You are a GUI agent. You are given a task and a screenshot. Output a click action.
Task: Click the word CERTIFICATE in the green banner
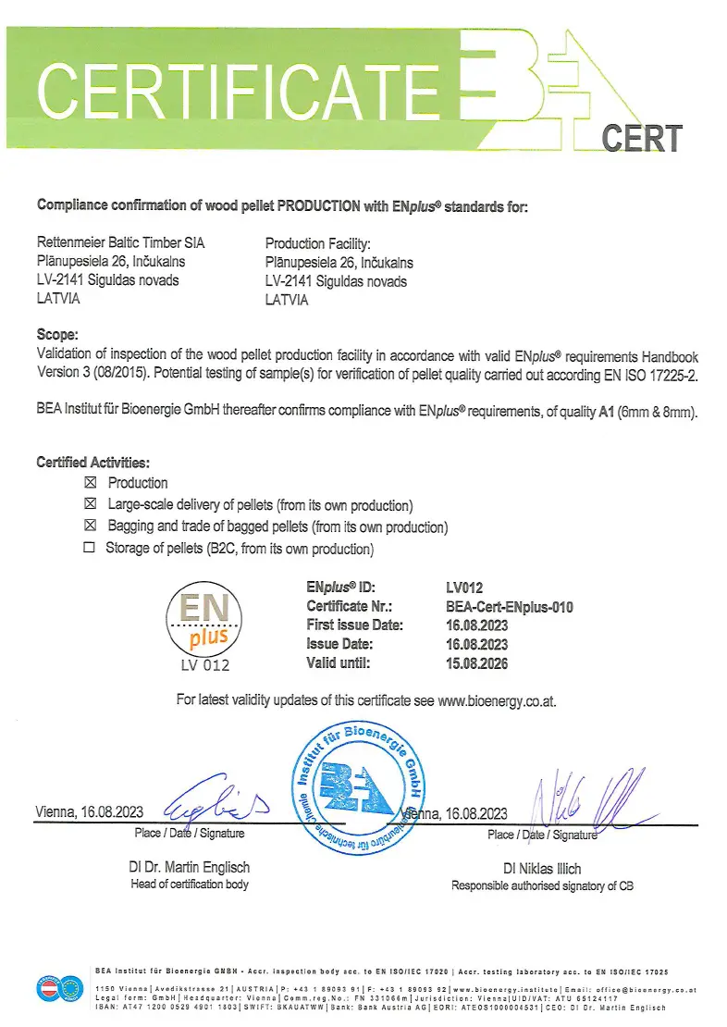(x=245, y=90)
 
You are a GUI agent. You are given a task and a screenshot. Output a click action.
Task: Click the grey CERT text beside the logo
(x=641, y=139)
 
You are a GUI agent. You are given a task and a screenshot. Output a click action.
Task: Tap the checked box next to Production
(x=90, y=483)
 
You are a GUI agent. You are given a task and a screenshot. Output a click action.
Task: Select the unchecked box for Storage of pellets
(x=90, y=550)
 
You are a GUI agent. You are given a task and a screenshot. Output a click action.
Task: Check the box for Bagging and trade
(x=90, y=526)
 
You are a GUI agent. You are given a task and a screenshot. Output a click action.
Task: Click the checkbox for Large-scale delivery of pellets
(x=90, y=505)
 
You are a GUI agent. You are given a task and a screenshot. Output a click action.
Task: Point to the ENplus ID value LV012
(x=464, y=587)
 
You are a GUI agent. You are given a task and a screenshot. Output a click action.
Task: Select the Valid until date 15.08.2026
(x=476, y=663)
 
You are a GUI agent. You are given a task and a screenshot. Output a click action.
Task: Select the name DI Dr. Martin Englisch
(x=190, y=868)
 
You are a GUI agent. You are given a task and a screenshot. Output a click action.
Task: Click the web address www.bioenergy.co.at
(x=497, y=701)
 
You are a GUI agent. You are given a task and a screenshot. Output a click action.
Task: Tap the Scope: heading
(x=57, y=335)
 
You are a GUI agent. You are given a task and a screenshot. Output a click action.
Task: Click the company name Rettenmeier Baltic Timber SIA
(x=121, y=243)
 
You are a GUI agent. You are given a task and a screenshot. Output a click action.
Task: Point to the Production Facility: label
(x=317, y=243)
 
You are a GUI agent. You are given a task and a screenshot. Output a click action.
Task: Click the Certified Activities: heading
(x=92, y=462)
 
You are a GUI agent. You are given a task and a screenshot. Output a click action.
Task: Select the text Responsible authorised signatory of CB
(x=543, y=886)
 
